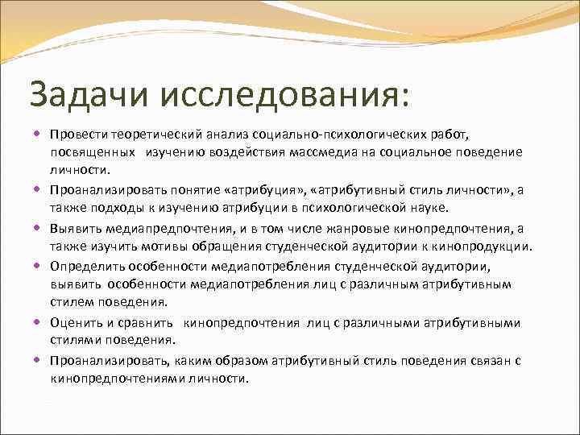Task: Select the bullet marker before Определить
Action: [39, 265]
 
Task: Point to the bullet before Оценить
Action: [39, 322]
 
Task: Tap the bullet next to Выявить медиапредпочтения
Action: [39, 227]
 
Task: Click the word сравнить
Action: [153, 322]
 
